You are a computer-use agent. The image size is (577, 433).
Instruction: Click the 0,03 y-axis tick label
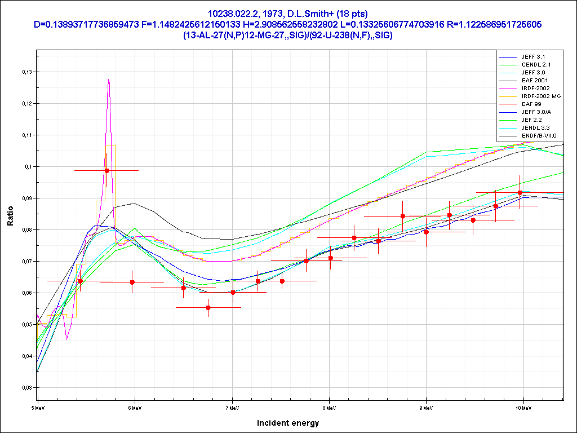pyautogui.click(x=28, y=388)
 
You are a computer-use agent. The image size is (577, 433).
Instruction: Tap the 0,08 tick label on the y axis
pyautogui.click(x=28, y=230)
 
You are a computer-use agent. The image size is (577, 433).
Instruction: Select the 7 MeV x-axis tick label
pyautogui.click(x=232, y=408)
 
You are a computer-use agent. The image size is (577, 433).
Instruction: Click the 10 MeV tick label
pyautogui.click(x=523, y=408)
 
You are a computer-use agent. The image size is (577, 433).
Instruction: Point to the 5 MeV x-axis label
pyautogui.click(x=38, y=408)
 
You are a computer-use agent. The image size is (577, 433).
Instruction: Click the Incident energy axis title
pyautogui.click(x=288, y=423)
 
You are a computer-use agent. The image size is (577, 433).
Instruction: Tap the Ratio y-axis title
pyautogui.click(x=10, y=216)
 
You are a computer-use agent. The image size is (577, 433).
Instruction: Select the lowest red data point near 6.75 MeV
pyautogui.click(x=208, y=307)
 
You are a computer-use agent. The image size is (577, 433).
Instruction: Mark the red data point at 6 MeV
pyautogui.click(x=132, y=282)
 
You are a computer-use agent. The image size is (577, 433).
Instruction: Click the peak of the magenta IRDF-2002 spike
pyautogui.click(x=109, y=79)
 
